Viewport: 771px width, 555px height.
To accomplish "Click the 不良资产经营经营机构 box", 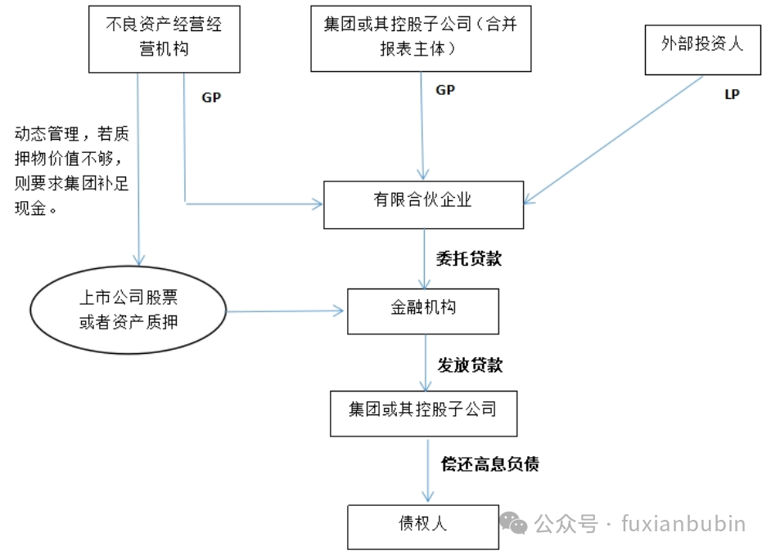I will point(165,37).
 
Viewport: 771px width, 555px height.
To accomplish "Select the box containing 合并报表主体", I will point(421,37).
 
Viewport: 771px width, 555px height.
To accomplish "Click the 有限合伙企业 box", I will point(423,201).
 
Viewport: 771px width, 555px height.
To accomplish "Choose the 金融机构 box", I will point(423,309).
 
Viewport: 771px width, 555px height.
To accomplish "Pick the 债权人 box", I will point(423,525).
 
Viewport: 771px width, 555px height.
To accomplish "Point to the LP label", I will point(732,95).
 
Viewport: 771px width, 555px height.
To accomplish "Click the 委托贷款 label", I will point(469,259).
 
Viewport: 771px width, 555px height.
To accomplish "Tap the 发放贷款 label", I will point(470,365).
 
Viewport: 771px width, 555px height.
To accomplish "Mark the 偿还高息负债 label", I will point(489,464).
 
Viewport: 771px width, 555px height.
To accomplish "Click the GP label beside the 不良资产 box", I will point(211,96).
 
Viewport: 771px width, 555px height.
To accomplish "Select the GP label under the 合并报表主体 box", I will point(445,90).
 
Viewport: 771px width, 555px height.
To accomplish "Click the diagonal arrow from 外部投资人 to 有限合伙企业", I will point(614,139).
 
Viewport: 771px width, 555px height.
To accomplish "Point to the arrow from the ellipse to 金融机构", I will point(286,311).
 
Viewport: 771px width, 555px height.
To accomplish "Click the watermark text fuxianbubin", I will point(683,522).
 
